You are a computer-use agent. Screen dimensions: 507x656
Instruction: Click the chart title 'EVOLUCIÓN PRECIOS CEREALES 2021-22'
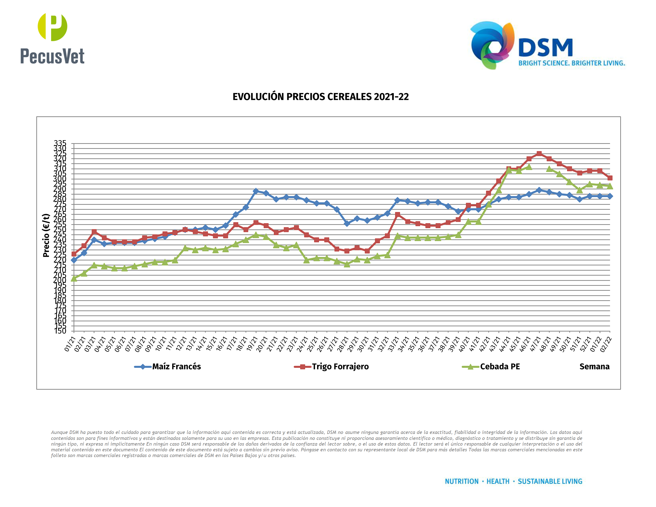tap(321, 97)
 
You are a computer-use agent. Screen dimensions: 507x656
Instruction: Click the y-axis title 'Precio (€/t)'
tap(46, 235)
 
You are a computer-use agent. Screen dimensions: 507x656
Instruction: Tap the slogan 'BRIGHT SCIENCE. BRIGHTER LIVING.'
tap(572, 63)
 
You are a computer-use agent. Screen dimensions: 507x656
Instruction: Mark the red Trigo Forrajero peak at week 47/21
tap(539, 154)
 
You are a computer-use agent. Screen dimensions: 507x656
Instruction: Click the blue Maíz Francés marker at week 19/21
tap(256, 191)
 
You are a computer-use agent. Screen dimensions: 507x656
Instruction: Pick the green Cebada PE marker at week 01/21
tap(74, 278)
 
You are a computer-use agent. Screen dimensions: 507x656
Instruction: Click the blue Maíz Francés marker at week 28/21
tap(347, 223)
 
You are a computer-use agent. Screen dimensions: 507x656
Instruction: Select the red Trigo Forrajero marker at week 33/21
tap(397, 214)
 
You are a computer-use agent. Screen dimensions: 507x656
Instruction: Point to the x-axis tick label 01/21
tap(70, 344)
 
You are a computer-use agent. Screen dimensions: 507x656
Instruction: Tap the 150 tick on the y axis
tap(60, 331)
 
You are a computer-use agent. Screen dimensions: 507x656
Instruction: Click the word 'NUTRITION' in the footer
tap(461, 481)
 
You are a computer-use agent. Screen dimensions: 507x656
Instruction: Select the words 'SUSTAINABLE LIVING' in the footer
tap(550, 481)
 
